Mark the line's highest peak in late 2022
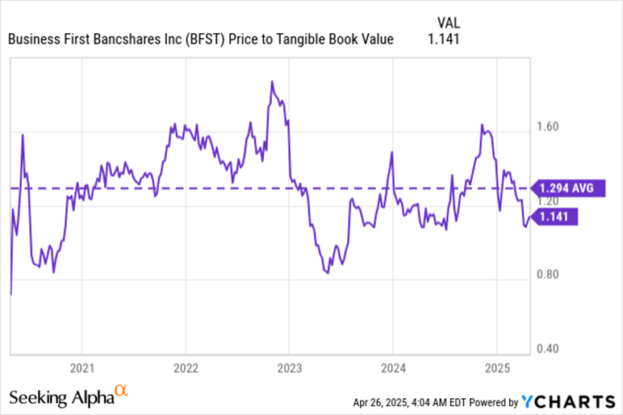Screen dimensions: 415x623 [x=272, y=81]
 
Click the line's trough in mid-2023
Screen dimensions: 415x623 [x=327, y=273]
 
